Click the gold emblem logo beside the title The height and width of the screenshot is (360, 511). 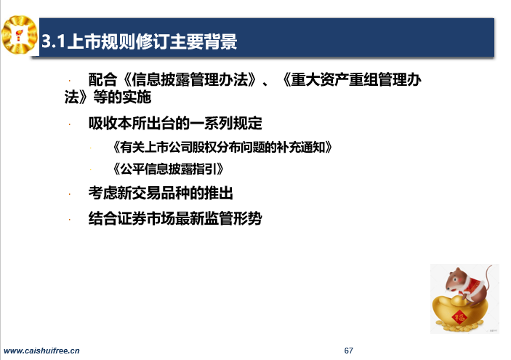click(19, 35)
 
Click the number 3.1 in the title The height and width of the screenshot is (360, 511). click(54, 41)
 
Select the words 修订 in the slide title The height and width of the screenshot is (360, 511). click(152, 41)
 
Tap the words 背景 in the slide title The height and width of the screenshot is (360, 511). click(220, 41)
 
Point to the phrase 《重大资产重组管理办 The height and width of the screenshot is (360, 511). click(351, 79)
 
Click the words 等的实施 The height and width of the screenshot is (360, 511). click(123, 97)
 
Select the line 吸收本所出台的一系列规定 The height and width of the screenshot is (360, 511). click(175, 123)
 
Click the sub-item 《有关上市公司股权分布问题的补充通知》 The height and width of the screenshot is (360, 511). click(222, 148)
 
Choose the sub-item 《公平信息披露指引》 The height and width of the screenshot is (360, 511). click(167, 169)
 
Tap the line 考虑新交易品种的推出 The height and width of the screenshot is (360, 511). click(161, 193)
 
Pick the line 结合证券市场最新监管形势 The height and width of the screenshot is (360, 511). click(175, 218)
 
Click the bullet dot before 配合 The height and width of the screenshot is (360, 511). click(69, 80)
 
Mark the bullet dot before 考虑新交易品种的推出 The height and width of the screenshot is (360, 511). click(69, 194)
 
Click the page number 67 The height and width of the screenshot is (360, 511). click(348, 351)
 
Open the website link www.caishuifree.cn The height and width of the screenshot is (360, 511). click(41, 351)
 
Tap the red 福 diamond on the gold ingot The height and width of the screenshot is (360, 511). click(459, 316)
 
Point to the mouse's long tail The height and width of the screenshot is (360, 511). click(488, 277)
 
